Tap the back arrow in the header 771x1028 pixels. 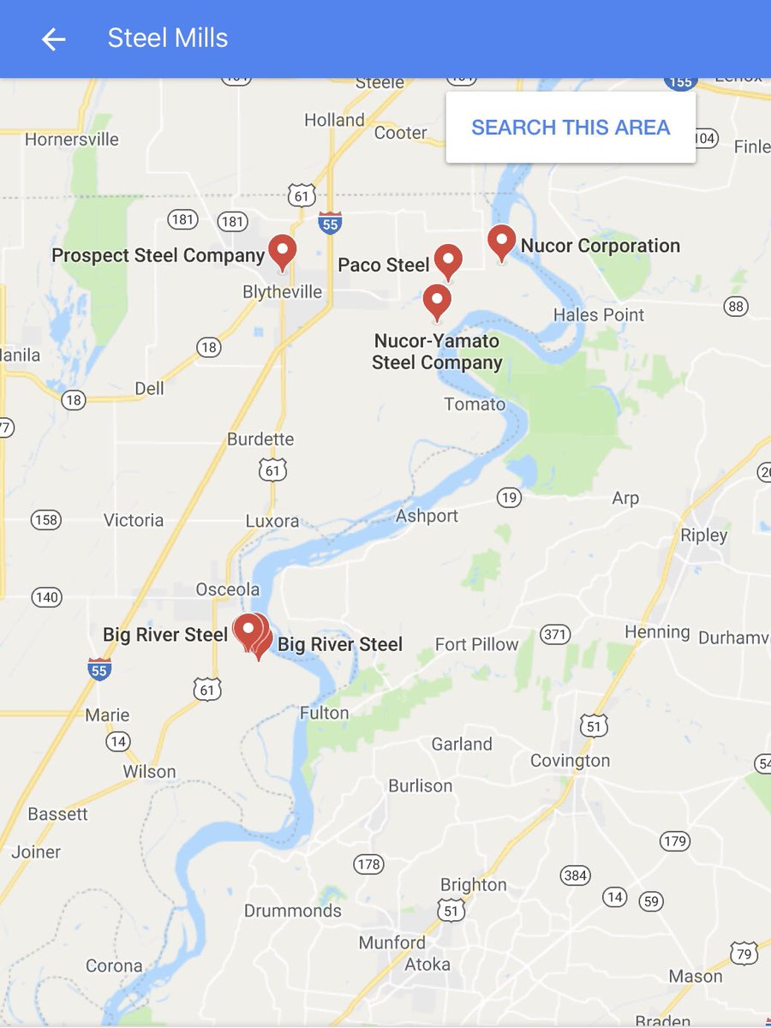pyautogui.click(x=53, y=39)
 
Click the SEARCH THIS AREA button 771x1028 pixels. pyautogui.click(x=571, y=128)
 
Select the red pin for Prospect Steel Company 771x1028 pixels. pyautogui.click(x=282, y=252)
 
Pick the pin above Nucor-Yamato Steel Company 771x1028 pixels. pyautogui.click(x=437, y=302)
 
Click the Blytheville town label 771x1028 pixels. pyautogui.click(x=283, y=292)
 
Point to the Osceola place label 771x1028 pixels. pyautogui.click(x=227, y=589)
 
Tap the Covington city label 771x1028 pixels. pyautogui.click(x=570, y=761)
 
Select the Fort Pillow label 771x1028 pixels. pyautogui.click(x=476, y=644)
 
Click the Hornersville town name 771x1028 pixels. pyautogui.click(x=72, y=140)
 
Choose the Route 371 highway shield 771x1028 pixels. pyautogui.click(x=555, y=635)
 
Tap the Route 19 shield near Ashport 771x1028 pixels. pyautogui.click(x=509, y=498)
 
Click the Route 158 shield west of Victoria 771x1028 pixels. pyautogui.click(x=45, y=520)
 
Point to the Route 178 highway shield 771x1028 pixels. pyautogui.click(x=368, y=864)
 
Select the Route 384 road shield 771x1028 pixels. pyautogui.click(x=575, y=875)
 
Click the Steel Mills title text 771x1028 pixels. pyautogui.click(x=168, y=39)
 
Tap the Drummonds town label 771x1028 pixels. pyautogui.click(x=293, y=911)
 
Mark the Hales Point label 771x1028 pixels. pyautogui.click(x=599, y=314)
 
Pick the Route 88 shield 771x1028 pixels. pyautogui.click(x=735, y=306)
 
